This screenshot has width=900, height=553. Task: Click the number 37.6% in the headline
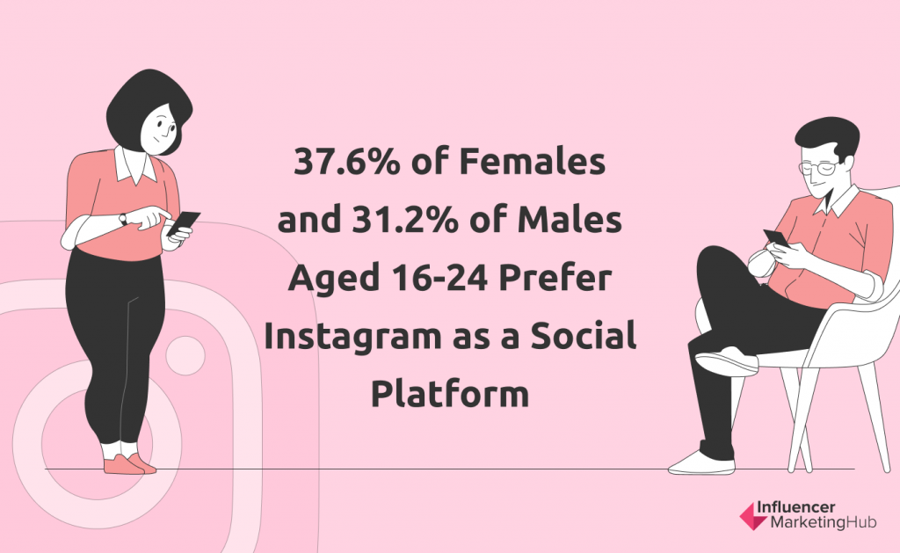click(x=346, y=162)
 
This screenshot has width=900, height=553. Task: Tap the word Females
click(x=532, y=162)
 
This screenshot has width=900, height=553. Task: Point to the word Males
click(x=570, y=220)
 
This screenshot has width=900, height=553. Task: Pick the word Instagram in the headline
click(x=352, y=338)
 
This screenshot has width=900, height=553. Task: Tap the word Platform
click(x=450, y=394)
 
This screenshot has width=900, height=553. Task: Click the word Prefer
click(x=555, y=278)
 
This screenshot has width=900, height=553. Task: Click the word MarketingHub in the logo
click(x=823, y=522)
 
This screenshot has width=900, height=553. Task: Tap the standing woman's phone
click(x=184, y=222)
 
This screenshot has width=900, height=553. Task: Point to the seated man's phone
click(x=775, y=237)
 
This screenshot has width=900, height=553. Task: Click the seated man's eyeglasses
click(x=818, y=168)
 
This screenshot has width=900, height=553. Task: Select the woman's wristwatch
click(x=122, y=219)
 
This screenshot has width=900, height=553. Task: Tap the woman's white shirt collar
click(x=134, y=165)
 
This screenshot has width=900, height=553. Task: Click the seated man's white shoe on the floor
click(x=701, y=463)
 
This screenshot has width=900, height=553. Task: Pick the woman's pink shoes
click(x=130, y=464)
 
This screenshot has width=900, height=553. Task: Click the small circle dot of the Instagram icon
click(x=185, y=356)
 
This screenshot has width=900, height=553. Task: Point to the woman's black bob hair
click(x=147, y=109)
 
